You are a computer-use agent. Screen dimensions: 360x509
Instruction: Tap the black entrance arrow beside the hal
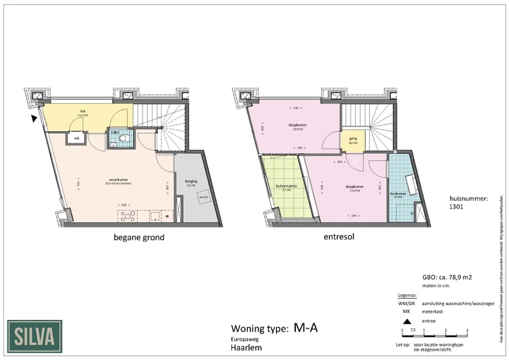34,120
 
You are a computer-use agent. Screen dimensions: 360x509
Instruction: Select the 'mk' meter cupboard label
77,139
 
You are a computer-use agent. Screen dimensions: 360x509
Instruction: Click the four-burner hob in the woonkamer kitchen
128,215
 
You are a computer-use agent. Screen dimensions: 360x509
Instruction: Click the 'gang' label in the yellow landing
353,138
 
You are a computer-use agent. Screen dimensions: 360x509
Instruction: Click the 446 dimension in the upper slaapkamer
297,107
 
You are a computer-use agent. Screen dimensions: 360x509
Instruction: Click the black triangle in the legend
407,321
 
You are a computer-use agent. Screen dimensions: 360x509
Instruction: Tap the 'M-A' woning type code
306,329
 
